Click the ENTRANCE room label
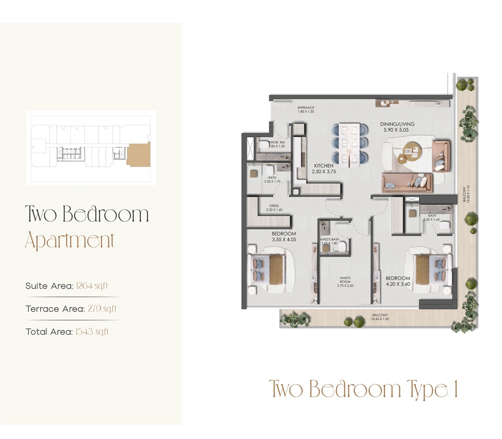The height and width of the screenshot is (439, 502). point(305,108)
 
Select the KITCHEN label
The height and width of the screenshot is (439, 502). point(325,165)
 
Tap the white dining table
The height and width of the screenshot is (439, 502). point(349,144)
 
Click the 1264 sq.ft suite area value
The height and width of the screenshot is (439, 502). point(92,286)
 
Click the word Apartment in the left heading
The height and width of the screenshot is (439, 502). point(70,241)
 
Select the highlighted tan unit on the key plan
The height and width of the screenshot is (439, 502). point(138,154)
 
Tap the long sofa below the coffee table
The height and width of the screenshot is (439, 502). point(407,183)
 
